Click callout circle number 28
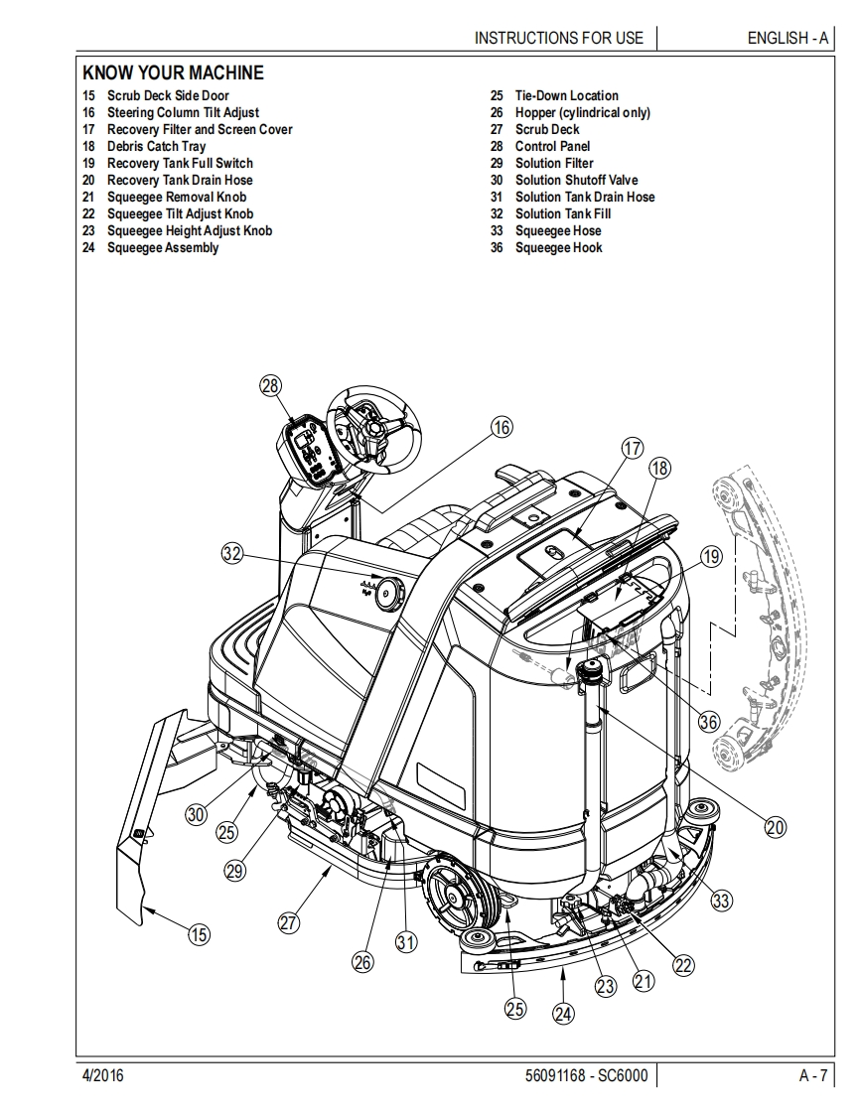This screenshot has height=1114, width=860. click(270, 386)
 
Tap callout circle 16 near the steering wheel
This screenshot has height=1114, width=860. click(502, 427)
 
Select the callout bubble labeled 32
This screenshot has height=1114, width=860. click(232, 554)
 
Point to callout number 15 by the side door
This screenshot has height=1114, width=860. click(200, 933)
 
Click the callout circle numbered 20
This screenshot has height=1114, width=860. click(775, 824)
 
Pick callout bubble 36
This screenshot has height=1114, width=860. click(708, 722)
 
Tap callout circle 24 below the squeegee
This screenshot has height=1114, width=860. click(563, 1014)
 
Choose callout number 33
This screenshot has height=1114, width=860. click(721, 901)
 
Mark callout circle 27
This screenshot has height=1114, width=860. click(288, 922)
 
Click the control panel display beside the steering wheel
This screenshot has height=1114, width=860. click(308, 446)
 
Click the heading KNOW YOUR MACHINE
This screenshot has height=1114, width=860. click(173, 72)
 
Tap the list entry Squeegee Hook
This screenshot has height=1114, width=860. click(558, 247)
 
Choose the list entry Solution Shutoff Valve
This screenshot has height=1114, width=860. click(576, 180)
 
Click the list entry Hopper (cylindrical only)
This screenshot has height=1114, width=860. click(582, 112)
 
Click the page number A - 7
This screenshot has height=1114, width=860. click(812, 1075)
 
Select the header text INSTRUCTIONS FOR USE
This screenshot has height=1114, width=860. click(558, 38)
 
